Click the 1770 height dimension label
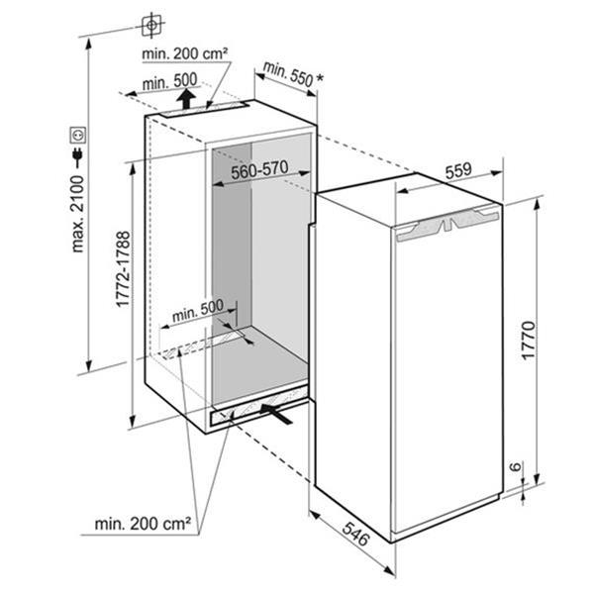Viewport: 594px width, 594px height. [528, 340]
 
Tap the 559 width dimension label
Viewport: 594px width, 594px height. [458, 171]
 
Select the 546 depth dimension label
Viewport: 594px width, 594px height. [355, 534]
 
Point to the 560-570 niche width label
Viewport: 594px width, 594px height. [259, 170]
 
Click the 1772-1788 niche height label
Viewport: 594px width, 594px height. [123, 269]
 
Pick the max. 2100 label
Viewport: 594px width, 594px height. [77, 214]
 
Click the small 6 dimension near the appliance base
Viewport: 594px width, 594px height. [515, 466]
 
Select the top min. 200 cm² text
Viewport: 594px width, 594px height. [185, 53]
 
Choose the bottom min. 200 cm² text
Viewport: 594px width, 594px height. [143, 524]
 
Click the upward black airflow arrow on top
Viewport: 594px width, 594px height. [186, 99]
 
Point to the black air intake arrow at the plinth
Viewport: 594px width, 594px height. [276, 413]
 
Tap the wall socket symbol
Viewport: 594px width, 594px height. [77, 135]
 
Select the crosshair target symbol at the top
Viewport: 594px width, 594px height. [151, 26]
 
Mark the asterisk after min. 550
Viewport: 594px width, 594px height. [320, 78]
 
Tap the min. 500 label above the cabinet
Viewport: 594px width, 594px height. [169, 81]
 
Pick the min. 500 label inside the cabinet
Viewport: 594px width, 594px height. [198, 311]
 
